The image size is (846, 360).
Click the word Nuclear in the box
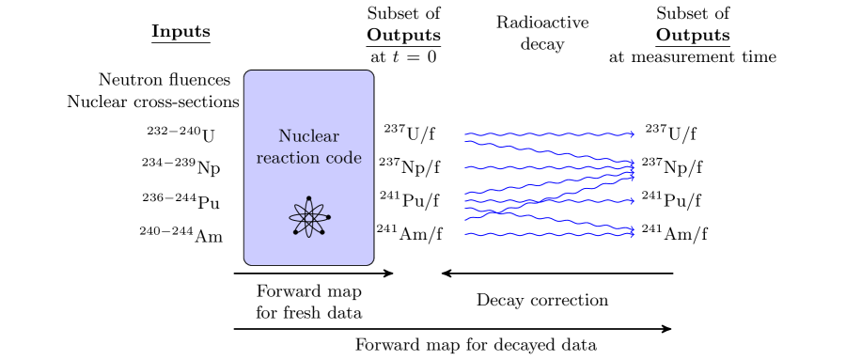coord(308,136)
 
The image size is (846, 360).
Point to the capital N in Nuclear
coord(284,136)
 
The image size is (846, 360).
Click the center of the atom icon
coord(308,218)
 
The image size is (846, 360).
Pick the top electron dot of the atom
coord(308,198)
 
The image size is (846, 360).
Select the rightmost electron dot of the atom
coord(328,217)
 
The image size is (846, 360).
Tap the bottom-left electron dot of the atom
coord(296,232)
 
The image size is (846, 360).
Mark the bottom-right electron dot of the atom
coord(322,232)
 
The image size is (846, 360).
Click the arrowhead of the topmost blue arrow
coord(634,134)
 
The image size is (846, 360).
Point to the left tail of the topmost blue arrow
coord(465,134)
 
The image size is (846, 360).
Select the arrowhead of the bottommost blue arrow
coord(634,234)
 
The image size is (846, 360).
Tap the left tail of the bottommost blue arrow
coord(465,234)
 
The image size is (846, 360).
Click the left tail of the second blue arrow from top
coord(465,143)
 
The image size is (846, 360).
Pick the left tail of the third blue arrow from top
coord(465,167)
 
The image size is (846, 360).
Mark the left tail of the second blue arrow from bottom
coord(465,220)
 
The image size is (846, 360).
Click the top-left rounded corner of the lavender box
coord(247,73)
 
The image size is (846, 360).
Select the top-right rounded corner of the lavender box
coord(370,73)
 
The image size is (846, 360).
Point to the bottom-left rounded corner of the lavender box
coord(247,261)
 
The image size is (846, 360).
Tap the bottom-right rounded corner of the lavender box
coord(370,261)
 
